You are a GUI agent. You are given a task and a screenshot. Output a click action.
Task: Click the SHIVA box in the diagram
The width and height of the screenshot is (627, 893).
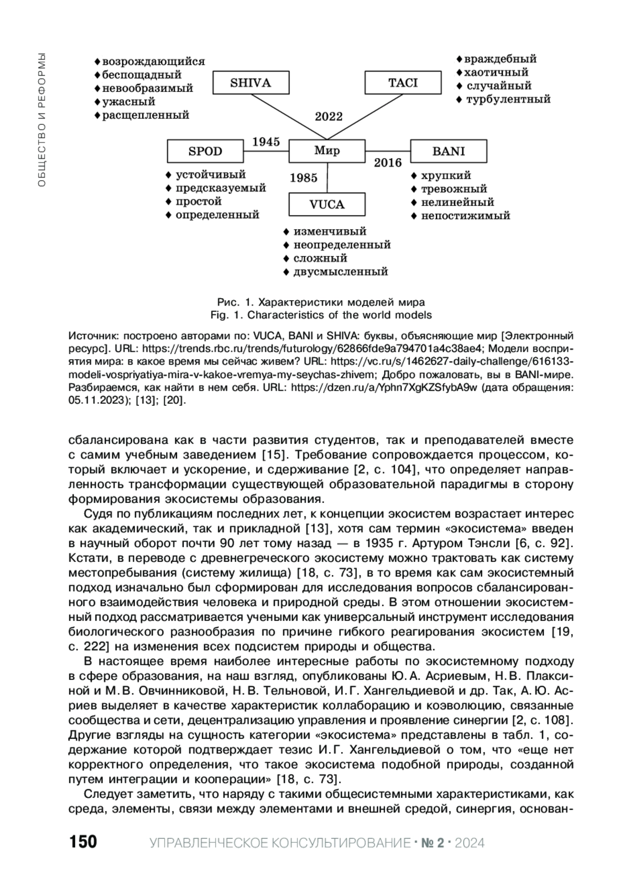coord(251,83)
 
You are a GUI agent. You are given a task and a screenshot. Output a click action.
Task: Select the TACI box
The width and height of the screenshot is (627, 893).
coord(403,83)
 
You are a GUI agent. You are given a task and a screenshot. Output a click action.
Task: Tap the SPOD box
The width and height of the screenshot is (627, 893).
coord(205,151)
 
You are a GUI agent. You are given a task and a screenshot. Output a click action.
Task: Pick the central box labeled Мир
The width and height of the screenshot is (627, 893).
coord(327,151)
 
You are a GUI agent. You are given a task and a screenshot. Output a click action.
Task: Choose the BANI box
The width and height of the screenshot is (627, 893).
coord(448,151)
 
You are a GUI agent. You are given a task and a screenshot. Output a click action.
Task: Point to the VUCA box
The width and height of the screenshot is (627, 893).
coord(327,204)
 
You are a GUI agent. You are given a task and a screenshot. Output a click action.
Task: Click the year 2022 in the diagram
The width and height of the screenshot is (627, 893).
coord(329,116)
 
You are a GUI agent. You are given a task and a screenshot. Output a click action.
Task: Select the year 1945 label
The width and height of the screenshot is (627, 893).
coord(266,142)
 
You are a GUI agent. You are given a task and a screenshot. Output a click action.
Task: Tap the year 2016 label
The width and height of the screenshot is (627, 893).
coord(388,163)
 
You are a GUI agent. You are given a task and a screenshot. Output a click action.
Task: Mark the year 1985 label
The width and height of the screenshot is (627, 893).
coord(304,178)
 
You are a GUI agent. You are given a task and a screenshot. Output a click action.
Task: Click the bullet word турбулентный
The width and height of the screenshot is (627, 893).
coord(508,99)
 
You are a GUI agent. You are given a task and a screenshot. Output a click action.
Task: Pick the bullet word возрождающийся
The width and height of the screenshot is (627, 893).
coord(153,62)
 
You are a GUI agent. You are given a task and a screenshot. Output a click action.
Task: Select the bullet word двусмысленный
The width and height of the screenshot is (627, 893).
coord(340,272)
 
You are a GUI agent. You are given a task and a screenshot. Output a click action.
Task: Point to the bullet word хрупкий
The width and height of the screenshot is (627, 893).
coord(446,175)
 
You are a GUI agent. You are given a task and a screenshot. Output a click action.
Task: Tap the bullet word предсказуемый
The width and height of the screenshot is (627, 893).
coord(220,188)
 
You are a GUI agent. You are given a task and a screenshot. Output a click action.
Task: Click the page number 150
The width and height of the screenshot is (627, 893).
coord(83,842)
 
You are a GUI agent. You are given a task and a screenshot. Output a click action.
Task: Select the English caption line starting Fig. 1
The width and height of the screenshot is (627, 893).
coord(321,315)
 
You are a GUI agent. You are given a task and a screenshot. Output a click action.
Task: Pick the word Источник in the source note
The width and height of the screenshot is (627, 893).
coord(92,335)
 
